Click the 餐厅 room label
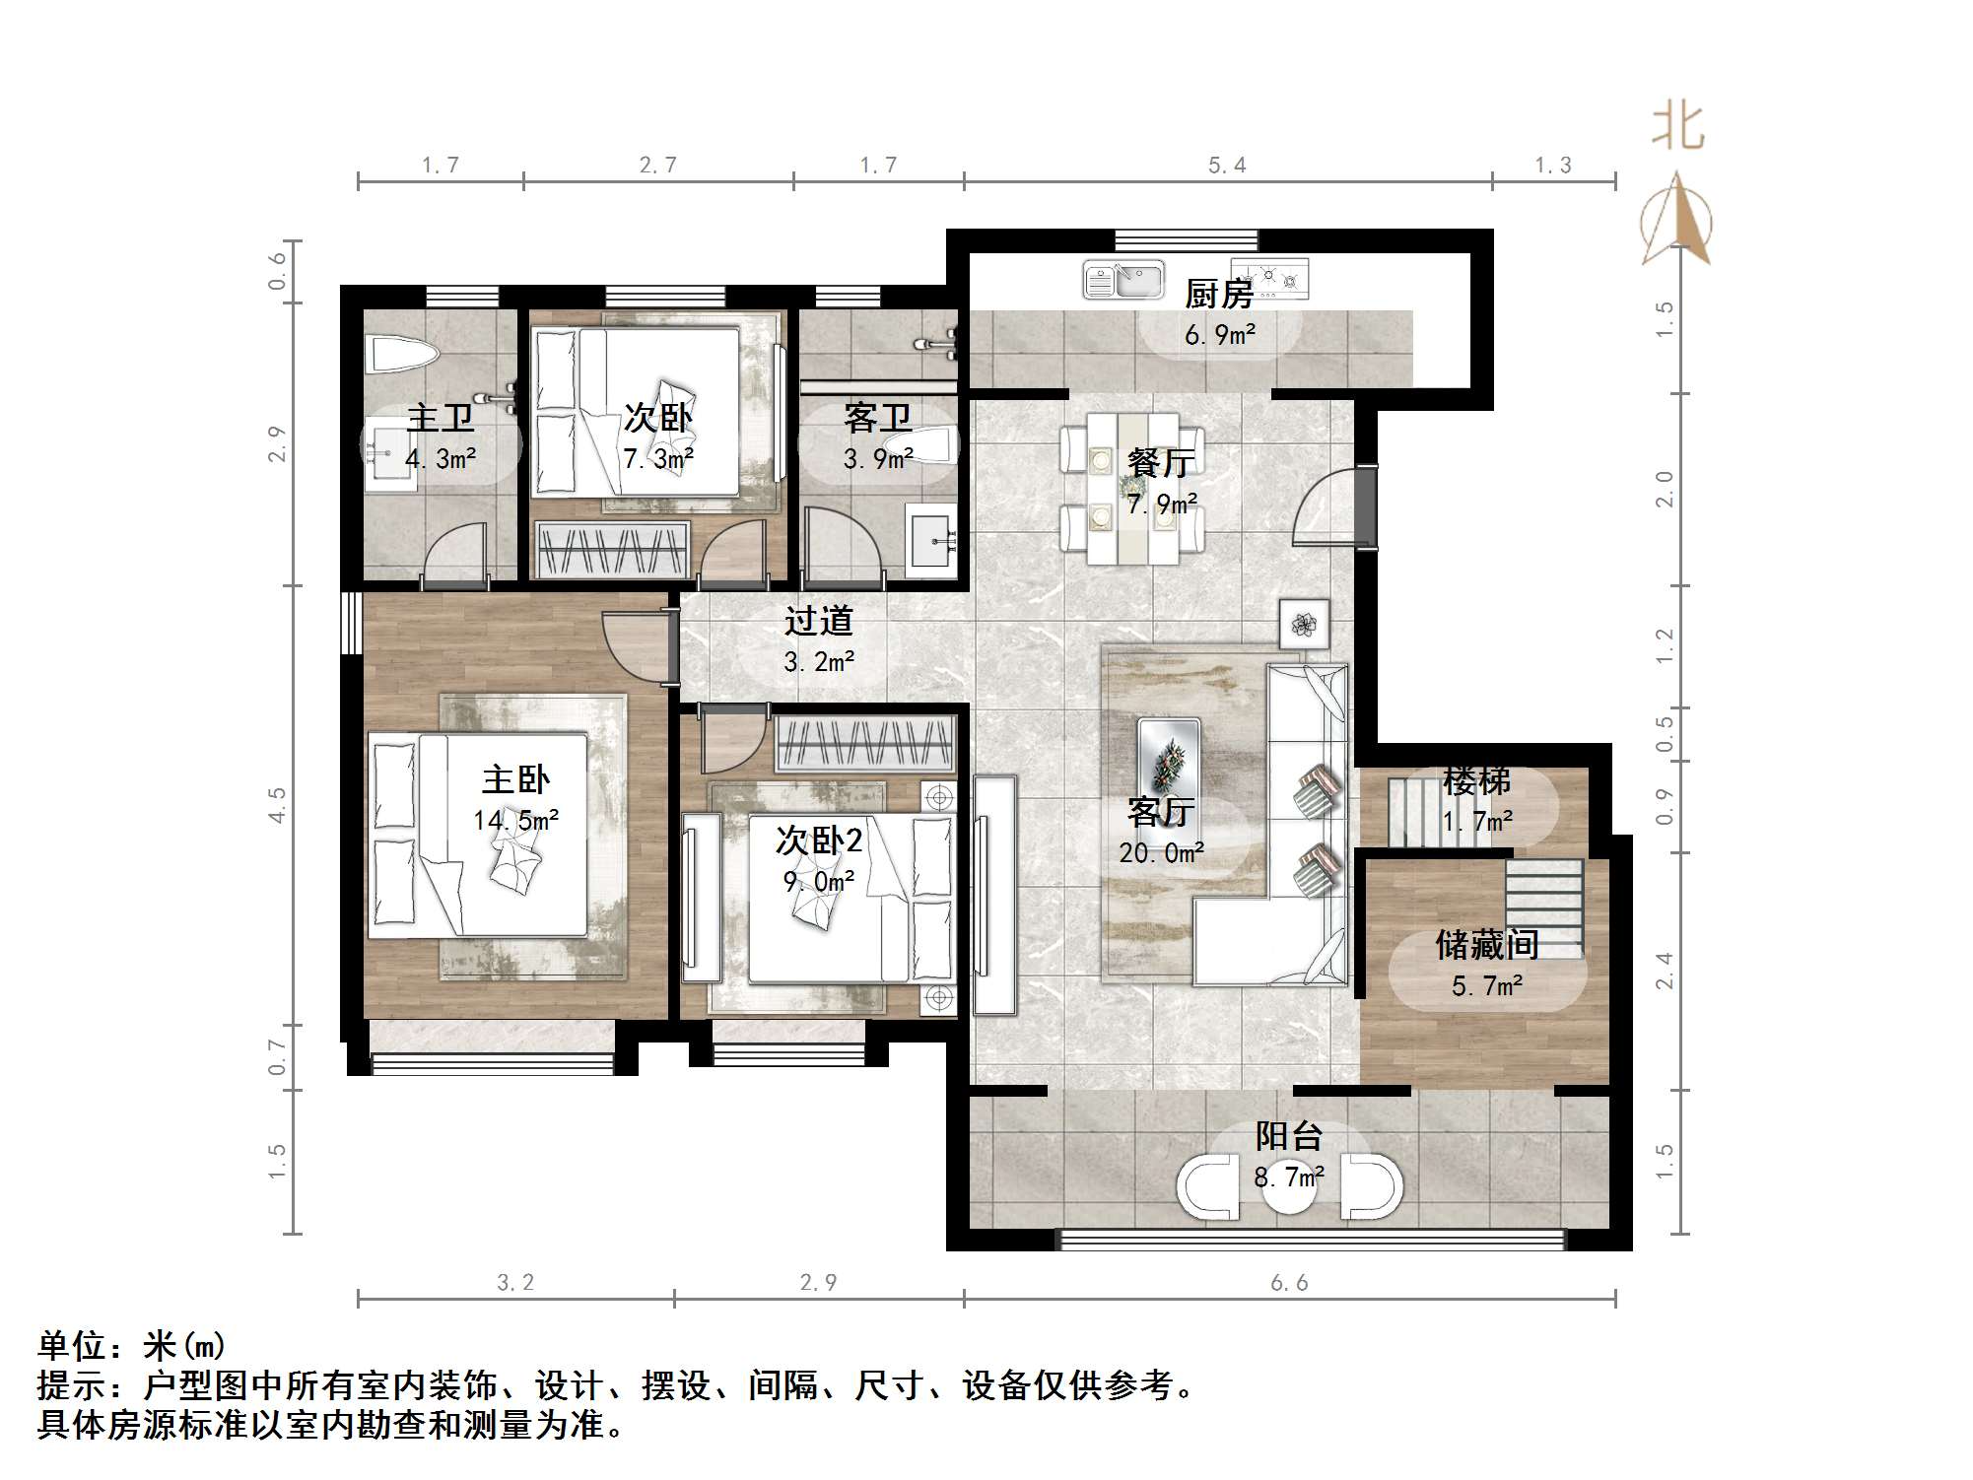pos(1161,462)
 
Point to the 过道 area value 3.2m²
pos(818,662)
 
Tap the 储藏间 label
pos(1486,945)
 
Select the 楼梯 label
pos(1476,781)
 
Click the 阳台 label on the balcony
pos(1288,1136)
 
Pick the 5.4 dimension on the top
pos(1227,166)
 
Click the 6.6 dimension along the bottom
pos(1289,1283)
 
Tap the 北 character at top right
pos(1677,128)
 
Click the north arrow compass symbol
pos(1676,222)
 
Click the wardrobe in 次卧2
pos(865,745)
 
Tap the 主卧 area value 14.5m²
pos(515,820)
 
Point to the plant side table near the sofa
pos(1304,624)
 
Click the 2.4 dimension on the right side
pos(1664,970)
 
